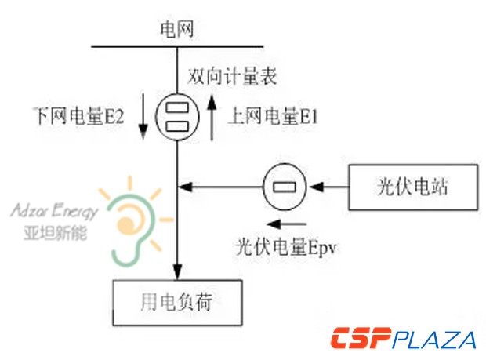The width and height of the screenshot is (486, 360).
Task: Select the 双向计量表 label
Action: click(233, 78)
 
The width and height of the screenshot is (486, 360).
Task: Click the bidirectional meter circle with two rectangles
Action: click(179, 118)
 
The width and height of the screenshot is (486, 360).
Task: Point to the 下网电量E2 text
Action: click(79, 118)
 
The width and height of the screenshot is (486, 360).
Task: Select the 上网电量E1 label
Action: click(272, 118)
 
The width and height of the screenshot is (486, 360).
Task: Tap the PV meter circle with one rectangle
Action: click(286, 187)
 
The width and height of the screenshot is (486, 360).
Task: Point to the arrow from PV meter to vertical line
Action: click(220, 187)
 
